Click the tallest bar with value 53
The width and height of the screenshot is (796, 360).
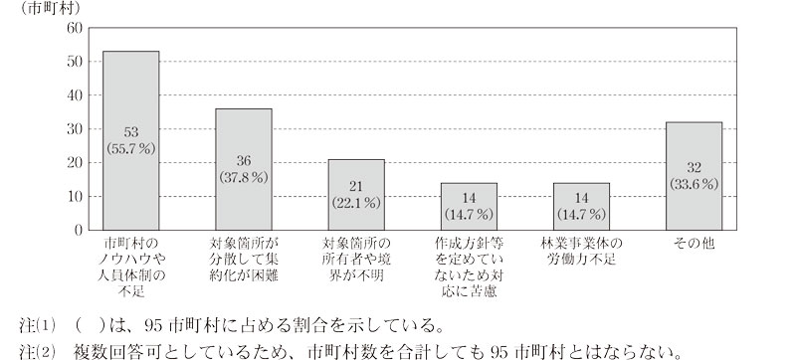(x=131, y=140)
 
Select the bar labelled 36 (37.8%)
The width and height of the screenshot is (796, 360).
(x=244, y=169)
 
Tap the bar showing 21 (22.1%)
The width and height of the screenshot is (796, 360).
(x=356, y=194)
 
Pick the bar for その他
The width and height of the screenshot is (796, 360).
(x=694, y=175)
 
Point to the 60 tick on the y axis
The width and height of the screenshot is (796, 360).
(x=72, y=28)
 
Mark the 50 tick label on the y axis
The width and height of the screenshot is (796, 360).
(x=72, y=62)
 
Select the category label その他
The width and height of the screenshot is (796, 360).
(x=694, y=243)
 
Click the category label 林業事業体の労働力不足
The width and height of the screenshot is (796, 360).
(x=581, y=251)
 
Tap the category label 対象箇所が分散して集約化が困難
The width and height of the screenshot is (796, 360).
(x=244, y=259)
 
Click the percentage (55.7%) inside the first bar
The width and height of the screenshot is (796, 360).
(x=131, y=146)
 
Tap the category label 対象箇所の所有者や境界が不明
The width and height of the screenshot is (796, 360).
(x=356, y=259)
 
